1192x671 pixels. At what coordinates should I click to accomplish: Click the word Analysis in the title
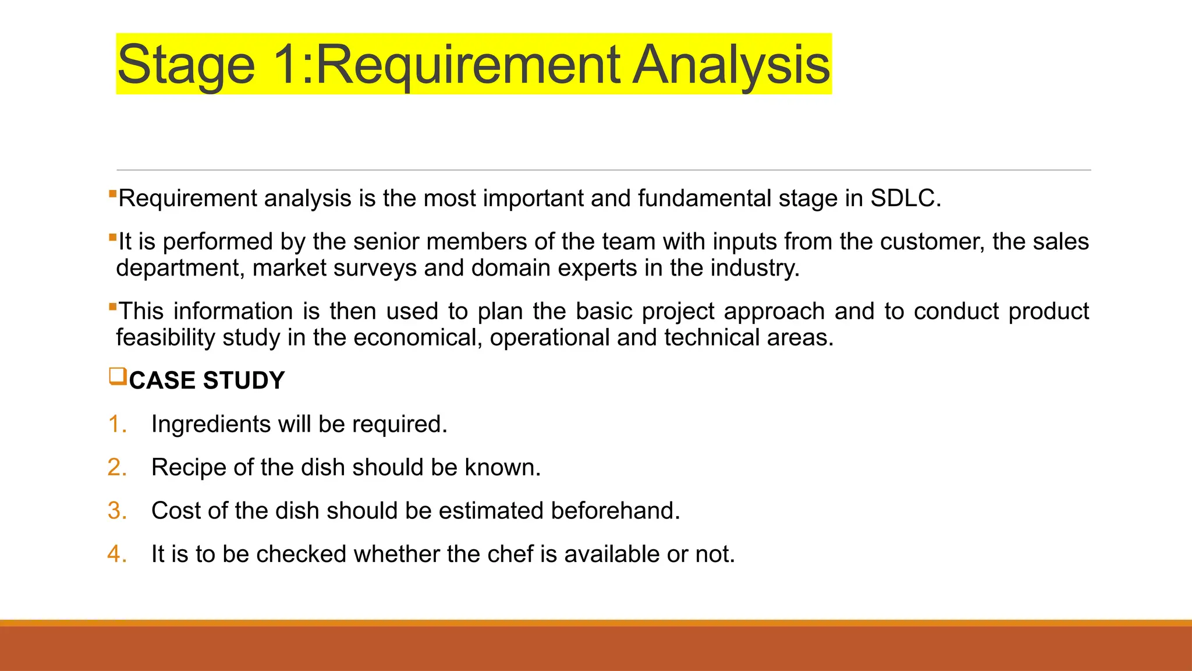731,65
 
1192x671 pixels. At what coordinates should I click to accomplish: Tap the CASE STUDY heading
207,381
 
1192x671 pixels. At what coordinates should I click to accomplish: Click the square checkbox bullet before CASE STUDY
118,377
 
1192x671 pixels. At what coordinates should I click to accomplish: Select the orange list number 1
117,424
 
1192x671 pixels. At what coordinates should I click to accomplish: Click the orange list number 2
117,468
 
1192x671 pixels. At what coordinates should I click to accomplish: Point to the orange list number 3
117,511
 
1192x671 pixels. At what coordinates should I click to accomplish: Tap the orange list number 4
117,554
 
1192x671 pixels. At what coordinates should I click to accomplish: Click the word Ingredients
211,425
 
